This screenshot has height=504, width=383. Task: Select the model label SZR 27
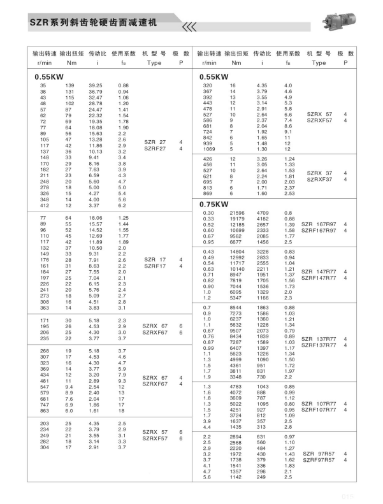click(x=154, y=142)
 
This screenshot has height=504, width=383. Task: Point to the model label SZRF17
click(x=154, y=266)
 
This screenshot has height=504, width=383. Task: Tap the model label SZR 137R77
click(x=321, y=338)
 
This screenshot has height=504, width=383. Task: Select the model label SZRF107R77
click(x=321, y=410)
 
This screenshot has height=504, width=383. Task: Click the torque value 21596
click(x=236, y=212)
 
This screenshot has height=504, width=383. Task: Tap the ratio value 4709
click(x=262, y=212)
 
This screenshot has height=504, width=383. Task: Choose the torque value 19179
click(x=236, y=219)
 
